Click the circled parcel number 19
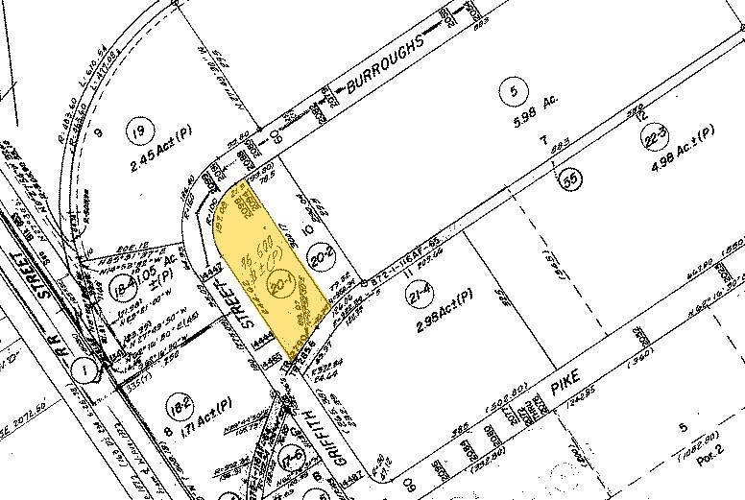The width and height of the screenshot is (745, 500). pos(141,132)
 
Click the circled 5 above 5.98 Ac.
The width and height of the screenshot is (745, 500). pos(515,93)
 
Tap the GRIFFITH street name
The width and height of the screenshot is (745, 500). pos(303,432)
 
